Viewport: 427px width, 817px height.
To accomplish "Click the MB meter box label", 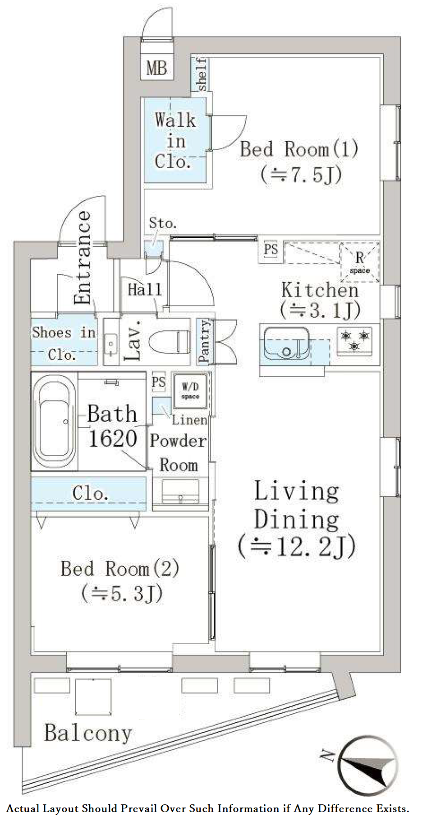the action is coord(157,69).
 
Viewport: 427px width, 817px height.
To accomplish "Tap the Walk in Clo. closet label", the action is coord(175,141).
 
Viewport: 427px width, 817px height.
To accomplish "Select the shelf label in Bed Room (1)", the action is coord(202,74).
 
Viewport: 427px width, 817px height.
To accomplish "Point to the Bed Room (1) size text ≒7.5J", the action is coord(301,174).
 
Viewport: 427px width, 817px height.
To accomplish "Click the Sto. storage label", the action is coord(163,223).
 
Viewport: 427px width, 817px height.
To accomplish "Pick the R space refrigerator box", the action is coord(359,262).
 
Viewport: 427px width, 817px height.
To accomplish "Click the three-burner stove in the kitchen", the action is coord(355,341).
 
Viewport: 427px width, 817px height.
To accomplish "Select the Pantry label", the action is coord(204,341).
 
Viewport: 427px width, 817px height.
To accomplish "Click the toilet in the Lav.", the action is coord(170,342).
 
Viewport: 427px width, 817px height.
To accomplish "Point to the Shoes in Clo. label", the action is coord(64,343).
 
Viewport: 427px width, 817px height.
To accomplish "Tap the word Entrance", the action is coord(83,258).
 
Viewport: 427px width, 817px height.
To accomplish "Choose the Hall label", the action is coord(144,289).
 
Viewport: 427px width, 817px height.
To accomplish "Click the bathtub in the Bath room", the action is coord(55,421).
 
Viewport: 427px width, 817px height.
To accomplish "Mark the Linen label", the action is coord(189,420).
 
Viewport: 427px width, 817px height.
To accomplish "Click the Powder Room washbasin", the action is coord(180,491).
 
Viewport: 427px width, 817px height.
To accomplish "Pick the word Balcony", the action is coord(88,734).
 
